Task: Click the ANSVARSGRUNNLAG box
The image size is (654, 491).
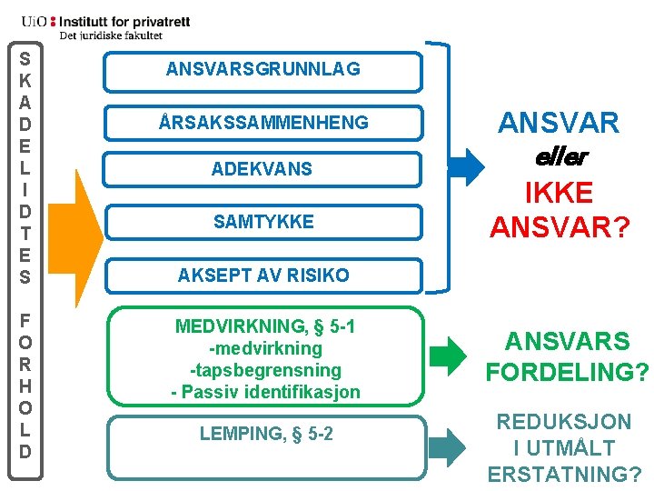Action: [263, 69]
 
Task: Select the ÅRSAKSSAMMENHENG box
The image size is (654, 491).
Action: [263, 122]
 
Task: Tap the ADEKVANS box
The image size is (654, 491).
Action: [263, 169]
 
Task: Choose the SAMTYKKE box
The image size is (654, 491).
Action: [263, 222]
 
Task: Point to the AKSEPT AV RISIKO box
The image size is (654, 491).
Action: [263, 274]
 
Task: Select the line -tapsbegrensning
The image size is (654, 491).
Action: [265, 371]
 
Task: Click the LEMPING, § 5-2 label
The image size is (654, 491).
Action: [266, 435]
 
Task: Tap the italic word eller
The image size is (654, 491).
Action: [560, 156]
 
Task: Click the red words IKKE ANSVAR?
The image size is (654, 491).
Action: [560, 210]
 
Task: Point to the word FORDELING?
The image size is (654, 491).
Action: [567, 373]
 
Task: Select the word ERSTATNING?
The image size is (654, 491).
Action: [565, 475]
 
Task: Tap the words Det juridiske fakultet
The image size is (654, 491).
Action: [111, 35]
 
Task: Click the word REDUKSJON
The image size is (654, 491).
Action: [563, 422]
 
